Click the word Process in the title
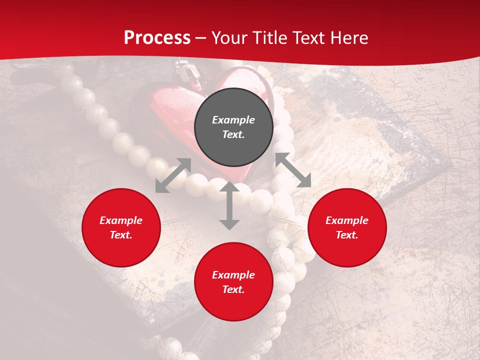coord(157,38)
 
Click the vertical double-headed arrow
coord(229,205)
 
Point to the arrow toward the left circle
coord(173,175)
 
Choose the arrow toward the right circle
coord(293,170)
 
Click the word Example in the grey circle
coord(233,120)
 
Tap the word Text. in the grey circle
coord(233,134)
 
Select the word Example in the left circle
coord(121,220)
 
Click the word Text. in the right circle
coord(347,235)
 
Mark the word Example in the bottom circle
coord(233,275)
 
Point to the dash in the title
coord(201,38)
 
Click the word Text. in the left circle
coord(121,235)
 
